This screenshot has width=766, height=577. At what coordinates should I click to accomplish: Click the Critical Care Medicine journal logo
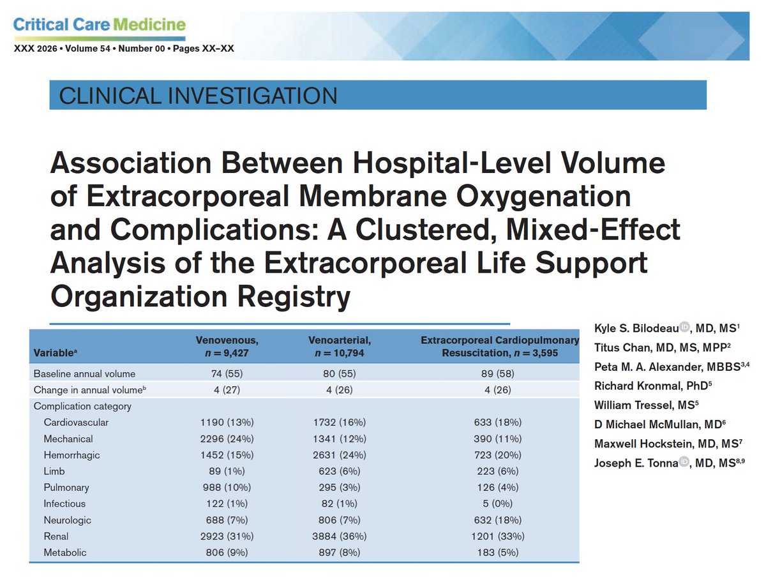coord(99,26)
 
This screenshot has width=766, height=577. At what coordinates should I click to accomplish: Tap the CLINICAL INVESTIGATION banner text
coord(198,96)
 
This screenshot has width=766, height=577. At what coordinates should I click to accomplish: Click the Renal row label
coord(56,536)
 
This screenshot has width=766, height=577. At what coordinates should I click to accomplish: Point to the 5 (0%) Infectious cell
coord(499,504)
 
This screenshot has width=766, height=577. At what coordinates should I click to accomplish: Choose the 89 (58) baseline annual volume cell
coord(499,373)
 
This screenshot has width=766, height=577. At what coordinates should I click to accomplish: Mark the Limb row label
coord(54,471)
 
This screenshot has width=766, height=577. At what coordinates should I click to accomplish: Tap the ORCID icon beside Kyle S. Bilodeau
coord(684,327)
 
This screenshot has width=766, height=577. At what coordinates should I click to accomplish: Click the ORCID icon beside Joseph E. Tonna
coord(684,461)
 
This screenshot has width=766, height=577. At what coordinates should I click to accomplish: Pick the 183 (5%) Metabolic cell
coord(499,552)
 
